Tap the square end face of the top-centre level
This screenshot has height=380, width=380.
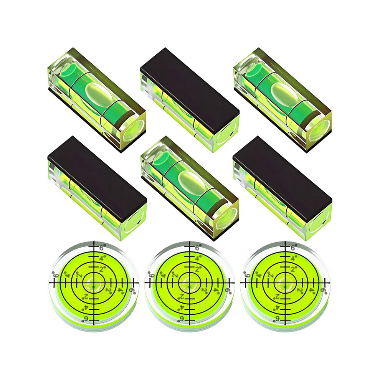coord(227,133)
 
